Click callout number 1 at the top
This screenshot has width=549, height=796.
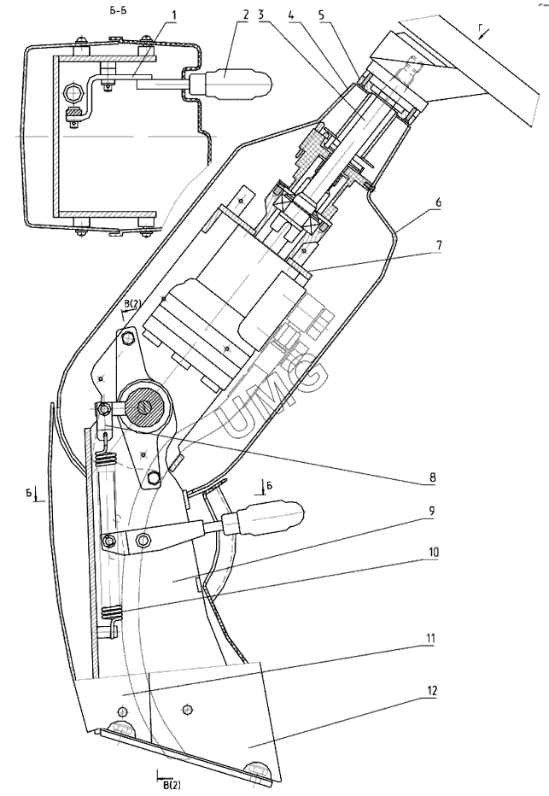click(174, 15)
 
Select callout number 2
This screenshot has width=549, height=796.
click(246, 15)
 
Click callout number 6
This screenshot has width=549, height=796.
click(438, 202)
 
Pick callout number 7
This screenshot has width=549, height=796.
click(438, 245)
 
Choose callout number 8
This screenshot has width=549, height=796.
click(432, 477)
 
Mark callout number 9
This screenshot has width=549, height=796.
click(432, 512)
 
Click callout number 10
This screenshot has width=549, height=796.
click(432, 552)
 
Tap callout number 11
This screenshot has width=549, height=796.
click(431, 638)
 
